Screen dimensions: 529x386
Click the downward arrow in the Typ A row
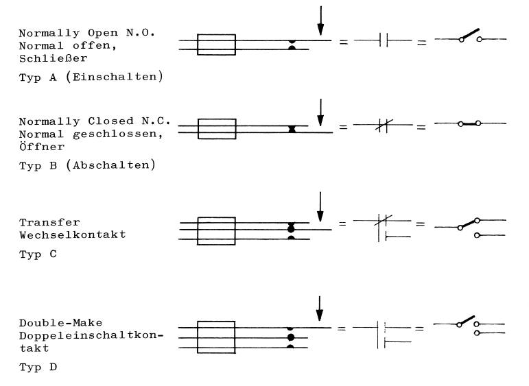click(320, 21)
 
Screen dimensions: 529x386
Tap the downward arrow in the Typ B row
click(320, 112)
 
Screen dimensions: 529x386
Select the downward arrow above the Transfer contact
click(320, 207)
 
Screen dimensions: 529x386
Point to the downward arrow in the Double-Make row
click(320, 309)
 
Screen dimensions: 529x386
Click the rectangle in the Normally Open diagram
click(216, 45)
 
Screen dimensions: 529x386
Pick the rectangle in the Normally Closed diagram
click(217, 129)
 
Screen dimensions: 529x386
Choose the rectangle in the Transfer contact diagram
click(216, 231)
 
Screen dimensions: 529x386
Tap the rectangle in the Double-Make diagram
click(216, 337)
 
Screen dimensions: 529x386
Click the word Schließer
click(54, 58)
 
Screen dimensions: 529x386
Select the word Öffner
click(42, 147)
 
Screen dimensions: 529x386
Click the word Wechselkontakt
click(73, 234)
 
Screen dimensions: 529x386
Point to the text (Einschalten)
click(115, 77)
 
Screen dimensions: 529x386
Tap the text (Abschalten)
click(111, 165)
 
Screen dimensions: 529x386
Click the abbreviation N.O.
click(141, 33)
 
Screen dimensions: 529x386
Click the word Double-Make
click(61, 323)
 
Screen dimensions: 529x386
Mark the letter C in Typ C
click(54, 254)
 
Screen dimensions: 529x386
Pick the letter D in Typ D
click(54, 367)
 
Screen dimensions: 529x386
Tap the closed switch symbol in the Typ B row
click(470, 123)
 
